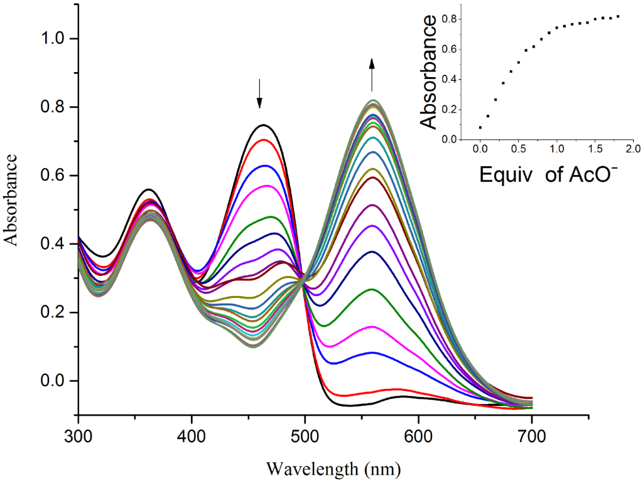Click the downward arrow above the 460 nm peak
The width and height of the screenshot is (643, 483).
(x=259, y=93)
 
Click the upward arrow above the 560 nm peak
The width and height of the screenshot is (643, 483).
(x=372, y=74)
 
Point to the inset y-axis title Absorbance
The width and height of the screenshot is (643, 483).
(x=429, y=72)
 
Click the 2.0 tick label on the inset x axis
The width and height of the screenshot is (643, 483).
(x=632, y=150)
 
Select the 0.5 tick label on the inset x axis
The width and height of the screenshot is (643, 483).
(x=518, y=150)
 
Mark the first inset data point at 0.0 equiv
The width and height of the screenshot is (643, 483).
(x=480, y=127)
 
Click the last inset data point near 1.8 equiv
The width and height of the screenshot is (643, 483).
(x=618, y=16)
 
